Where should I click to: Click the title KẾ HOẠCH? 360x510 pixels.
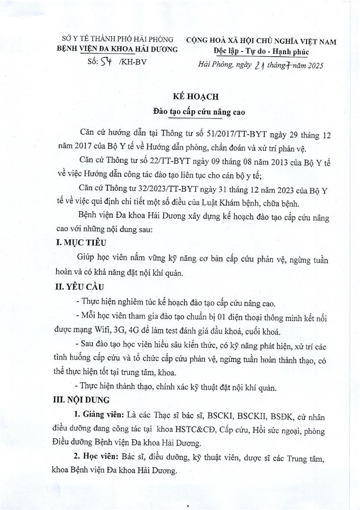tap(179, 96)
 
